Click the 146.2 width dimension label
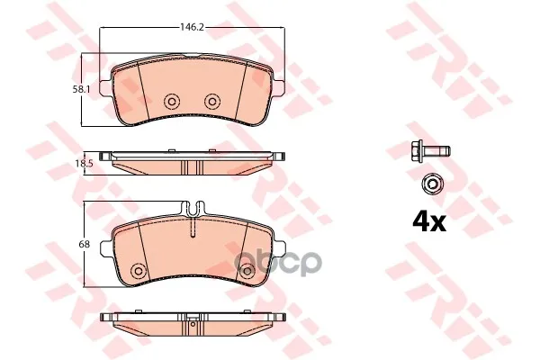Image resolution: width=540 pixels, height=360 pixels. (193, 27)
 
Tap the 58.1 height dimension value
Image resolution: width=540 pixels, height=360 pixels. (81, 90)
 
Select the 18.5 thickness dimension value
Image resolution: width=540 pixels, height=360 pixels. (84, 164)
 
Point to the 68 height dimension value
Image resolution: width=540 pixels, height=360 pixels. (84, 244)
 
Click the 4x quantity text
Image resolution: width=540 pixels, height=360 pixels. (429, 222)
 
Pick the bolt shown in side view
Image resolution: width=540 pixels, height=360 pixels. (430, 150)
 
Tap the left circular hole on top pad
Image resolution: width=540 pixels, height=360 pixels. (172, 102)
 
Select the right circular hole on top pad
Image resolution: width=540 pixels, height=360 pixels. (212, 102)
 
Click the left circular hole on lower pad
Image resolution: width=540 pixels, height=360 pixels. (139, 270)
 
